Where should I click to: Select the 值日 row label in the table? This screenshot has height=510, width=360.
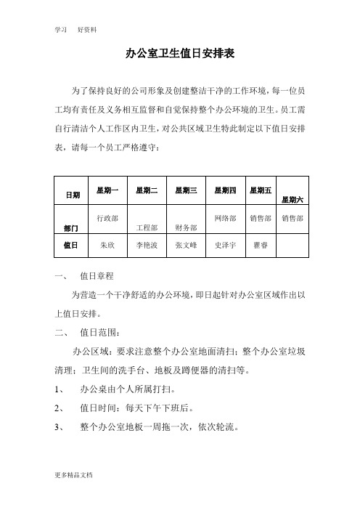[x=73, y=246]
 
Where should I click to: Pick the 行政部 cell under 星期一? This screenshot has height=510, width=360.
[x=108, y=217]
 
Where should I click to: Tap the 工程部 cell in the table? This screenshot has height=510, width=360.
[x=147, y=227]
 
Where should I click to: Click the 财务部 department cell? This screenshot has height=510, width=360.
[x=187, y=227]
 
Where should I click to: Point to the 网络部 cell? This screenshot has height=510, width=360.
[x=226, y=217]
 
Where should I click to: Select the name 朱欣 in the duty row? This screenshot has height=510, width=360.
[x=108, y=246]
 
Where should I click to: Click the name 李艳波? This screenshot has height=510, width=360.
[x=147, y=246]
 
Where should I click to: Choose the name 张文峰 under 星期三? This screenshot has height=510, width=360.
[x=187, y=246]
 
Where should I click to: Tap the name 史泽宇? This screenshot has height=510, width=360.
[x=226, y=246]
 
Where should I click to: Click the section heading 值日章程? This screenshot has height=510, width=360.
[x=97, y=277]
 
